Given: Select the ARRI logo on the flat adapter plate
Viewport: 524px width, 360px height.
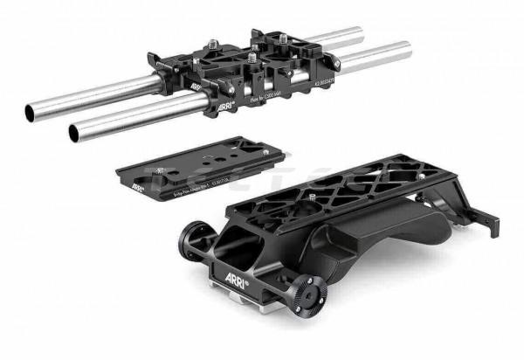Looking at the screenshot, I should [137, 184].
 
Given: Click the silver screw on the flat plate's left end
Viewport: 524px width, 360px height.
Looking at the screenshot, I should [158, 170].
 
